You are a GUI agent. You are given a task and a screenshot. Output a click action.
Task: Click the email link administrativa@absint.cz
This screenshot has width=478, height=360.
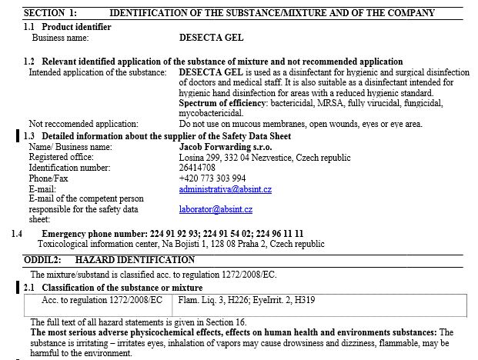[225, 189]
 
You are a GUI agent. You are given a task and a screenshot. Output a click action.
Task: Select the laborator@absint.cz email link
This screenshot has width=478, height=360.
[216, 209]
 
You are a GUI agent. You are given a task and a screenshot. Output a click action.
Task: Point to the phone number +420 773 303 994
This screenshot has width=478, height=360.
[212, 178]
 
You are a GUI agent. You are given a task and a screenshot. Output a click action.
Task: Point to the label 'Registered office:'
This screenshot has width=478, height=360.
[61, 157]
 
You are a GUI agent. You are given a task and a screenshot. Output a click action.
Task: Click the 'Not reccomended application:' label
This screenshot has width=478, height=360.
[83, 124]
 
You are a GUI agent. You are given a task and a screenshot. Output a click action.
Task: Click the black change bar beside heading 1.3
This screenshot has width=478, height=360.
[18, 135]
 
